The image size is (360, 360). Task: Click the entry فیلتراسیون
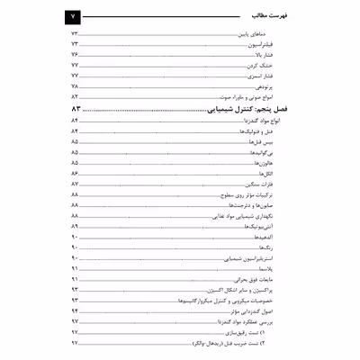coord(273,43)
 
